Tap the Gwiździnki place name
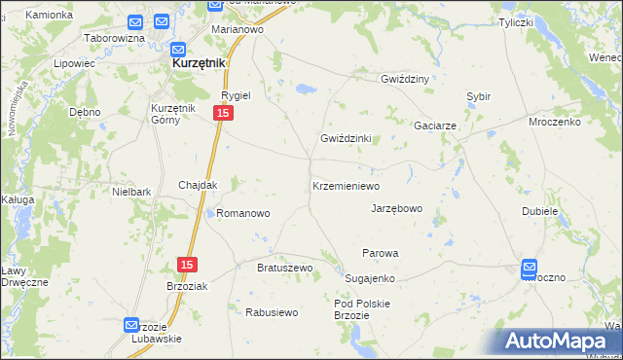click(x=346, y=138)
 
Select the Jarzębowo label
click(x=396, y=208)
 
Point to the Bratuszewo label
click(x=283, y=268)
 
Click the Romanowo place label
click(x=242, y=212)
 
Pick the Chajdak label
click(x=198, y=185)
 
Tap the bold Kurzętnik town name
click(x=199, y=63)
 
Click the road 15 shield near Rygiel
click(x=223, y=115)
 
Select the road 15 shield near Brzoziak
click(x=188, y=265)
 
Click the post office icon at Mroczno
click(x=530, y=268)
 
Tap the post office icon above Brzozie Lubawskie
click(x=133, y=326)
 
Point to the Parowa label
click(x=381, y=253)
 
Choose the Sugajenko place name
click(x=369, y=278)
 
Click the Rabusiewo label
click(x=271, y=312)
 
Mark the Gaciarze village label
click(x=435, y=126)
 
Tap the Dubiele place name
click(x=539, y=211)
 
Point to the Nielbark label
click(x=131, y=193)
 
